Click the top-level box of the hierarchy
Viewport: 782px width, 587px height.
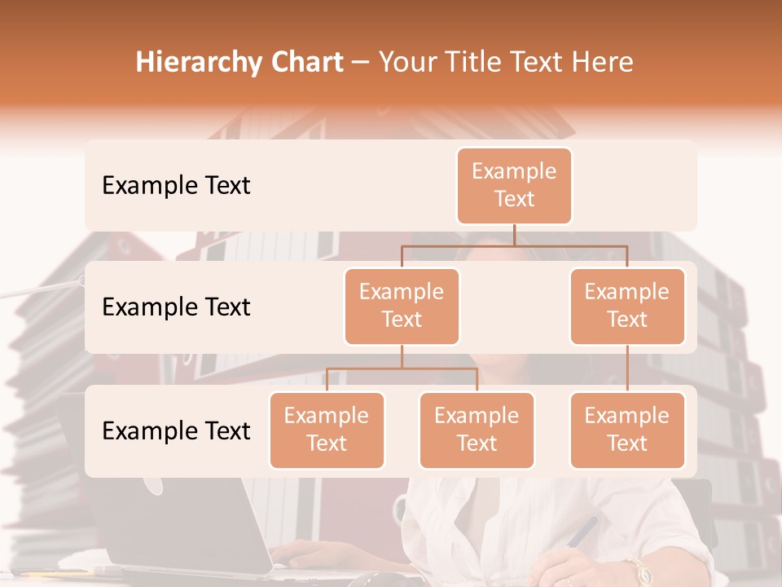514,185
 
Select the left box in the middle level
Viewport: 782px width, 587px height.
402,306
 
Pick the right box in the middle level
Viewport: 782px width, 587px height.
627,306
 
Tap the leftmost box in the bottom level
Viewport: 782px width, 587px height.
327,430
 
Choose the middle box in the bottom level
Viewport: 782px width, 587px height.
477,430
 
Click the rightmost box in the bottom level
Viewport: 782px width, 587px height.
627,430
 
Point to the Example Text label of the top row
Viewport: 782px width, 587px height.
176,186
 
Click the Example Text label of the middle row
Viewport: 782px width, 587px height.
176,307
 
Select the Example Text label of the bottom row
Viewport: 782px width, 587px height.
176,431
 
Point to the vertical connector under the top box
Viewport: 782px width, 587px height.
514,235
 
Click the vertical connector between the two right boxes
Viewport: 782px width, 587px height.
627,369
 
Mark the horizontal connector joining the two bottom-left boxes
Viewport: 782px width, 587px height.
402,369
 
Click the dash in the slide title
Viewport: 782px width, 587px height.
361,63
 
